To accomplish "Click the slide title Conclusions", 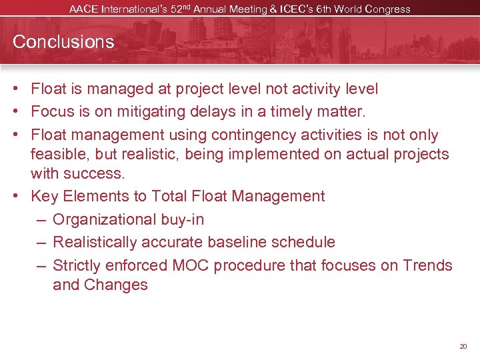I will pos(63,42).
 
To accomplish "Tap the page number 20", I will pos(463,347).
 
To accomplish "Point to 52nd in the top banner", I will pos(203,9).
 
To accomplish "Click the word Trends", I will pos(427,265).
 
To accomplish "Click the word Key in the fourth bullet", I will pos(45,197).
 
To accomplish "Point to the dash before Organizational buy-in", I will pos(41,220).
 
